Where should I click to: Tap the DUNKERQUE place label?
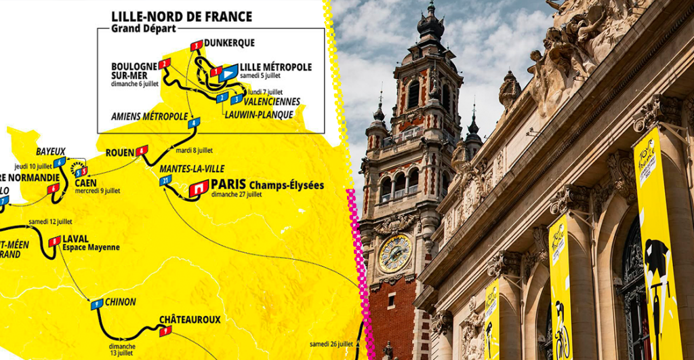229,43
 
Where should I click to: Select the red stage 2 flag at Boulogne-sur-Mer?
164,64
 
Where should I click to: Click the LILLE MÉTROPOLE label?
276,67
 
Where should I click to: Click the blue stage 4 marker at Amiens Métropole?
195,123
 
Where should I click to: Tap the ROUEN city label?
120,153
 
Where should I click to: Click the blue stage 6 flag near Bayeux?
60,162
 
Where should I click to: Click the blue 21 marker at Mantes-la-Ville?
166,180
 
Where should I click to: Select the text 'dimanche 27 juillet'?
237,195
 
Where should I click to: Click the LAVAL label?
76,239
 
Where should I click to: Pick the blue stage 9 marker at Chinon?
97,304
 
